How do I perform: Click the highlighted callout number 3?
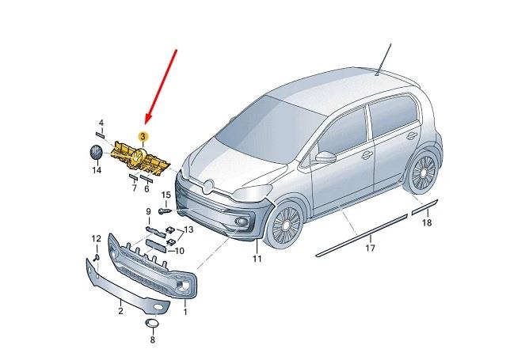(x=143, y=136)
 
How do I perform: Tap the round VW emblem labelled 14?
(x=96, y=153)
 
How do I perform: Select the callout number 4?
(x=101, y=123)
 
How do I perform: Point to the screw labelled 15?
(x=165, y=211)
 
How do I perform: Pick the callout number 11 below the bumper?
(x=257, y=259)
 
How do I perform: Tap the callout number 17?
(x=370, y=248)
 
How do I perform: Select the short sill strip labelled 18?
(x=425, y=207)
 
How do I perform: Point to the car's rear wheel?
(x=423, y=170)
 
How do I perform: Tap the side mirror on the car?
(x=325, y=157)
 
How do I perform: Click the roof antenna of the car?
(x=384, y=59)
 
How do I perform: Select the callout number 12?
(x=97, y=239)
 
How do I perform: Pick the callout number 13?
(x=188, y=229)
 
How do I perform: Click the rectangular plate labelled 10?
(x=156, y=245)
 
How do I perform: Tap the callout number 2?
(x=120, y=311)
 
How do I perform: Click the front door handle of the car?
(x=367, y=155)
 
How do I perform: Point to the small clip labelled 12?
(x=97, y=258)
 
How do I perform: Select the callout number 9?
(x=148, y=211)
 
